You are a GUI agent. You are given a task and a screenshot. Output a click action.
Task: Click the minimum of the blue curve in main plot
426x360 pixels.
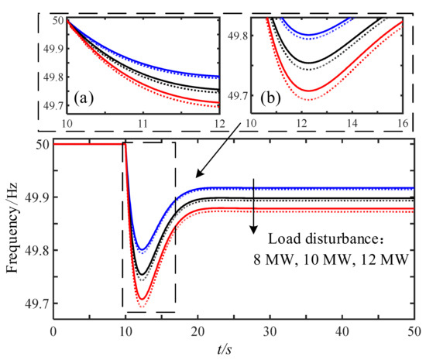(142, 249)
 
